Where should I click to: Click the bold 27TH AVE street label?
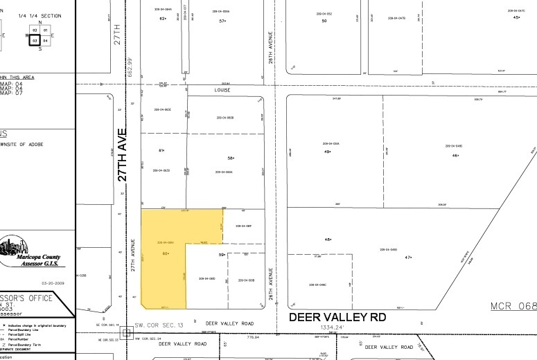(x=122, y=154)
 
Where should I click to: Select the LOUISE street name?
(x=222, y=90)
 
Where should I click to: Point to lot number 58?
(x=222, y=158)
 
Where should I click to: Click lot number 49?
(x=327, y=152)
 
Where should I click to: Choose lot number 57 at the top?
(x=222, y=21)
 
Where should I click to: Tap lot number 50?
(x=324, y=21)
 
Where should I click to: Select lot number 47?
(x=408, y=258)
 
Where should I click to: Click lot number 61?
(x=161, y=150)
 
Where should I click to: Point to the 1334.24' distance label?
(x=336, y=327)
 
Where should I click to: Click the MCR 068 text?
(x=513, y=306)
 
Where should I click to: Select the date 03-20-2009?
(x=53, y=282)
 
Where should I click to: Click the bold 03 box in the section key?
(x=34, y=41)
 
